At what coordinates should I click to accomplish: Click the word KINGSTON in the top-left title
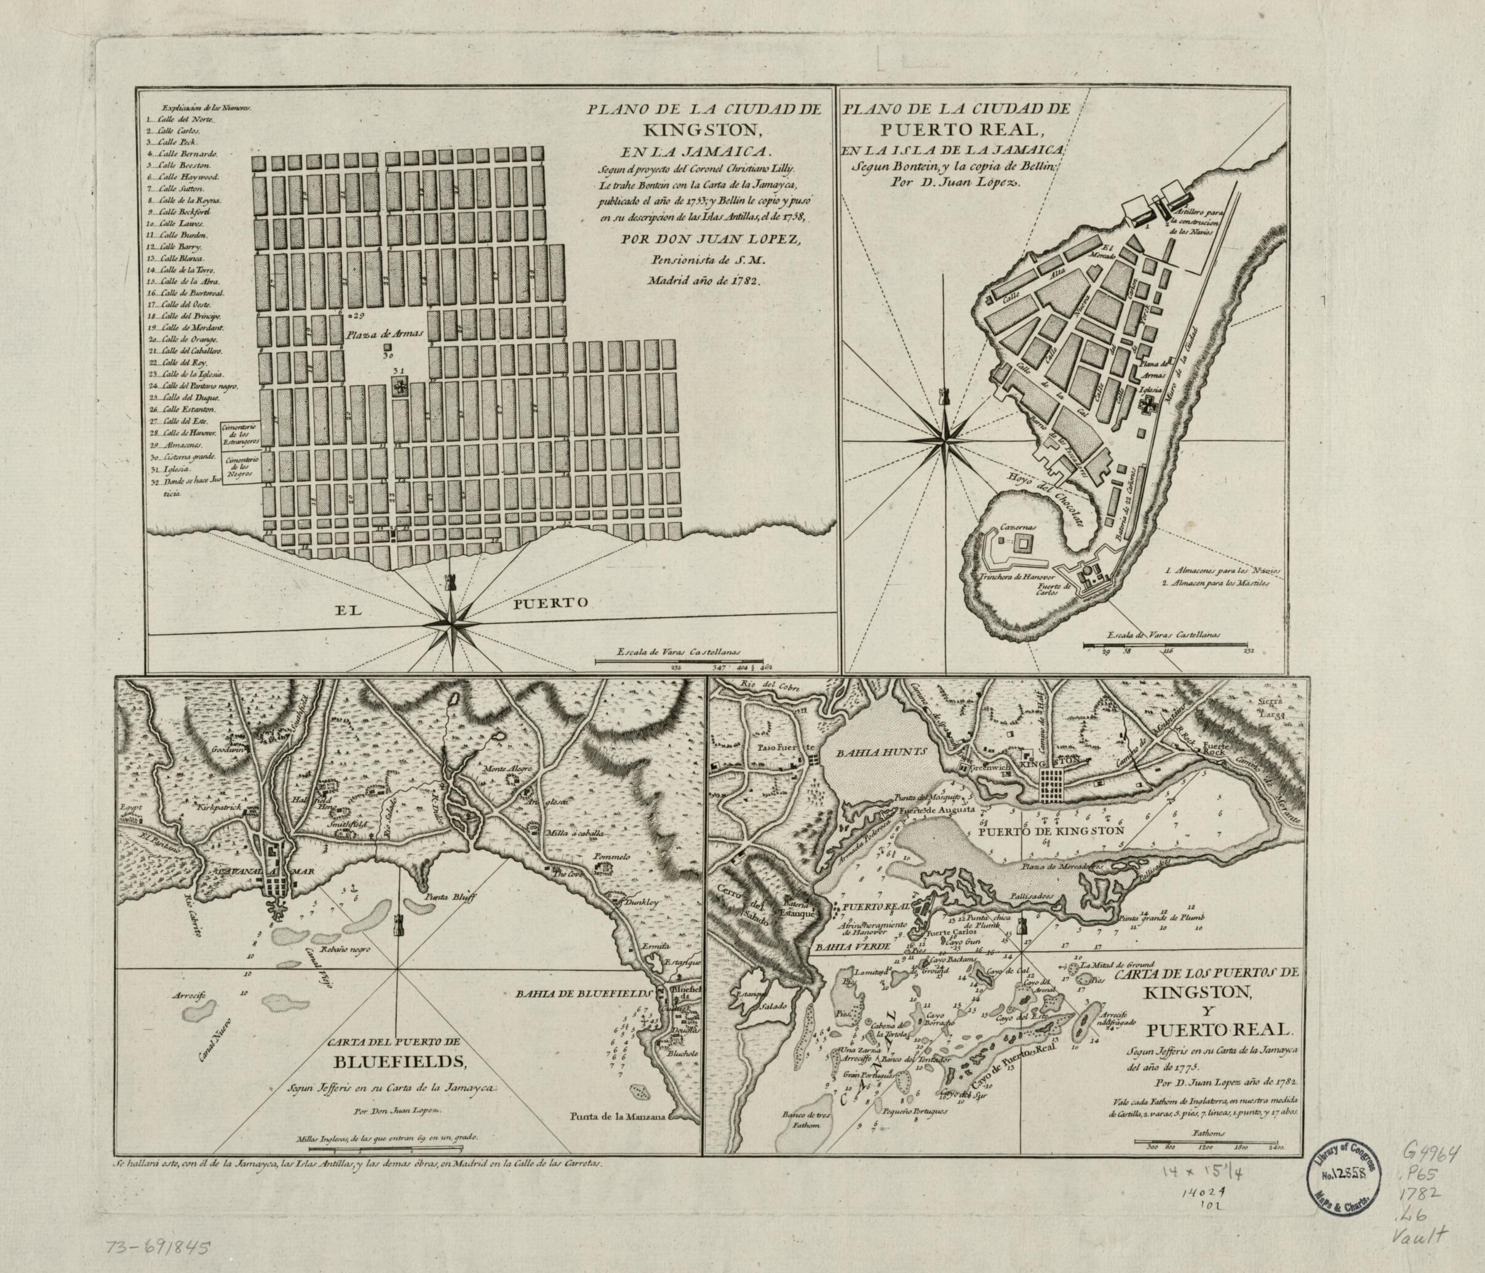pyautogui.click(x=677, y=133)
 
